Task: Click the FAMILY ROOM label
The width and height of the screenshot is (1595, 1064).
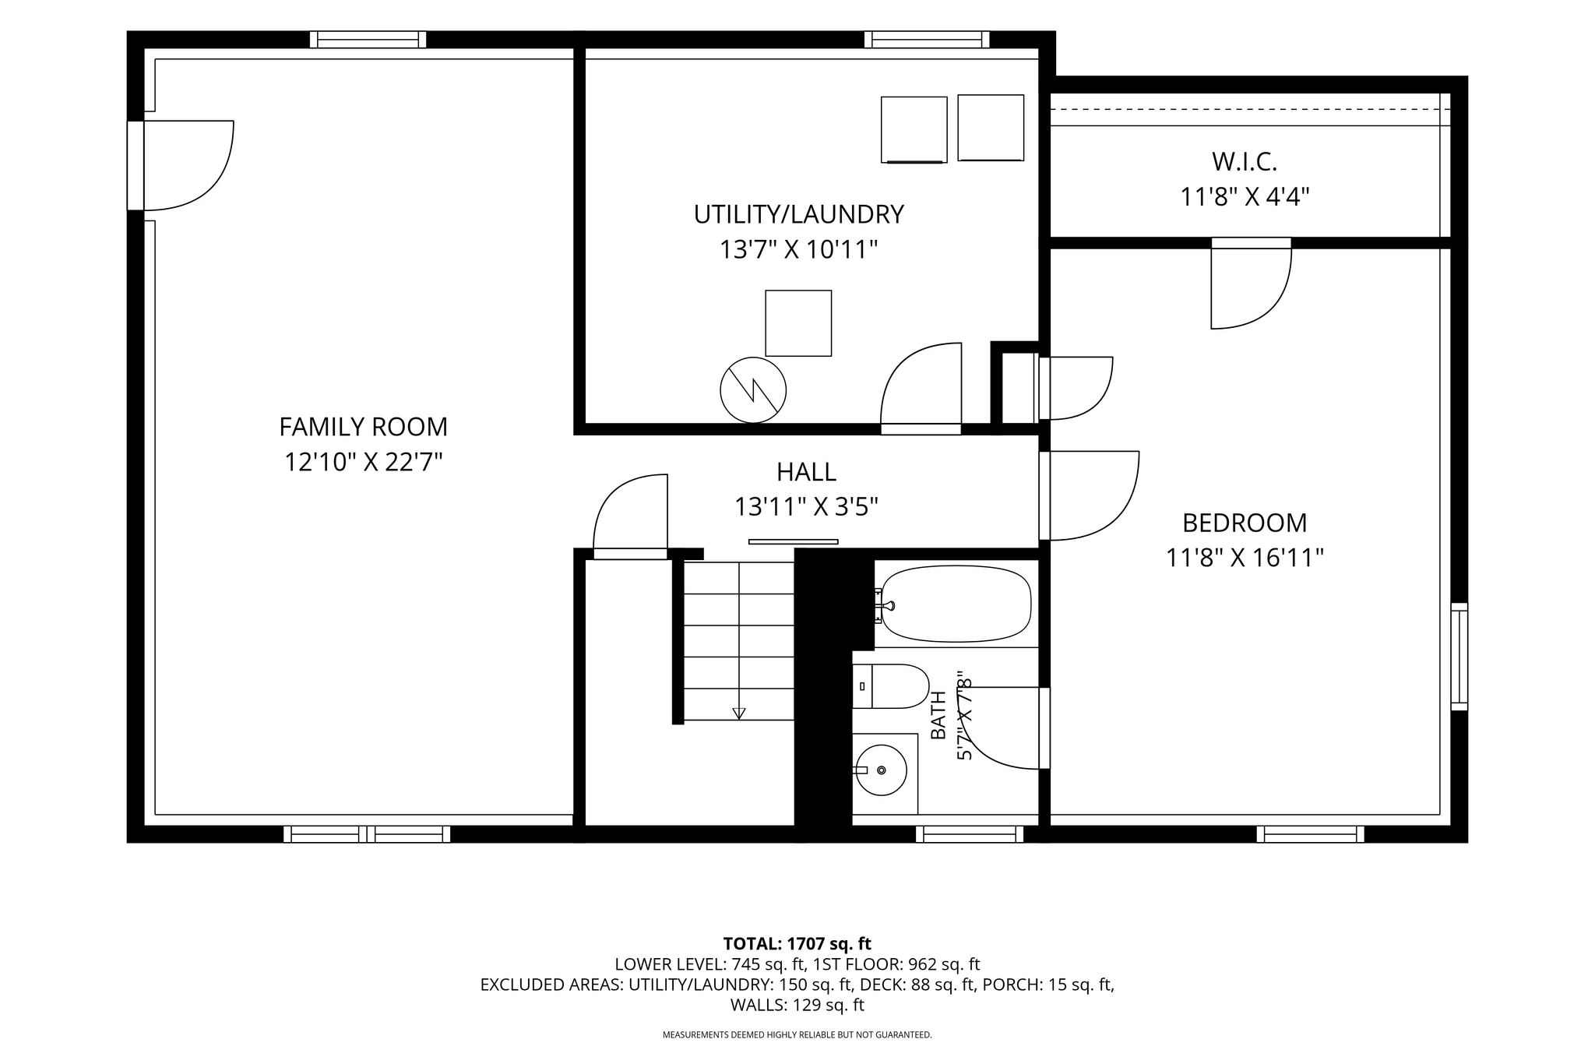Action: point(363,427)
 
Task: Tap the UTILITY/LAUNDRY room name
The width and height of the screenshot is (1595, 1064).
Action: point(798,214)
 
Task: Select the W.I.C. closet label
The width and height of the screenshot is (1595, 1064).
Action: point(1245,162)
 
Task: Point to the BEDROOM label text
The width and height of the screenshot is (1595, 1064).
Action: point(1245,522)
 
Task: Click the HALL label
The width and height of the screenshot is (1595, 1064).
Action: point(806,472)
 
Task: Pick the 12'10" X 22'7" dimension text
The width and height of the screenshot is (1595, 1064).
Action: point(363,463)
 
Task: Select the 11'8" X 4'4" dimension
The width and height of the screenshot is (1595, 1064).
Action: point(1245,196)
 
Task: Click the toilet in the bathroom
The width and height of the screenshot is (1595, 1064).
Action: point(891,686)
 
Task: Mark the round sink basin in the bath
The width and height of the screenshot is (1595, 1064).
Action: point(881,770)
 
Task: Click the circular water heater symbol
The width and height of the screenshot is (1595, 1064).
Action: point(753,390)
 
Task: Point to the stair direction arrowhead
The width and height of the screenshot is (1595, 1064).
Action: point(739,713)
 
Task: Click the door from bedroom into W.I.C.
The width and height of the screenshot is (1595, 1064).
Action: point(1251,283)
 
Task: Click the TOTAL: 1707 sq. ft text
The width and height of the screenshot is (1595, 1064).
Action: point(797,944)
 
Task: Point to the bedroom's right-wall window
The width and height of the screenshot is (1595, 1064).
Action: point(1459,657)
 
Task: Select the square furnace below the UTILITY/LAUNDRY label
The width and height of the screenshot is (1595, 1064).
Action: point(798,323)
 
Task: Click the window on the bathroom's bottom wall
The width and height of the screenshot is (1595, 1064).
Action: point(970,834)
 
